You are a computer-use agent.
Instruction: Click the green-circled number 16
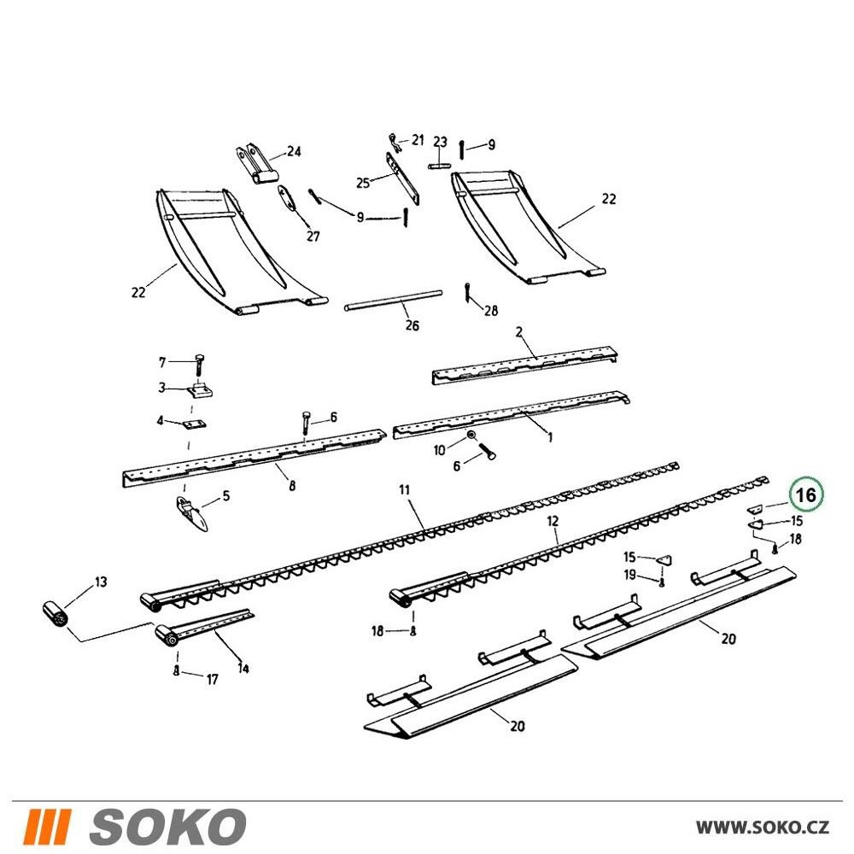pyautogui.click(x=807, y=495)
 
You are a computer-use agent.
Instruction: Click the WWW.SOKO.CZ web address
pyautogui.click(x=763, y=828)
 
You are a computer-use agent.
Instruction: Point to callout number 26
pyautogui.click(x=412, y=325)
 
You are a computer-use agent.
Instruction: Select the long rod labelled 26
pyautogui.click(x=393, y=301)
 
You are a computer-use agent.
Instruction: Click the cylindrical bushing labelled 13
pyautogui.click(x=56, y=615)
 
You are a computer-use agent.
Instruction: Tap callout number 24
pyautogui.click(x=294, y=151)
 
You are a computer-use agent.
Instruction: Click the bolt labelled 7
pyautogui.click(x=198, y=364)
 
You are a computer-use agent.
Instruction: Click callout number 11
pyautogui.click(x=404, y=490)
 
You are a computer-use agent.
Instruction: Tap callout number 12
pyautogui.click(x=553, y=521)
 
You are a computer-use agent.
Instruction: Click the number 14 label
pyautogui.click(x=243, y=669)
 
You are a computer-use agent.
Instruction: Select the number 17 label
pyautogui.click(x=213, y=679)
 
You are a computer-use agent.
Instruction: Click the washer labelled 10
pyautogui.click(x=471, y=436)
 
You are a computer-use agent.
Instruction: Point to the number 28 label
pyautogui.click(x=491, y=311)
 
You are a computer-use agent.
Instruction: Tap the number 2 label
pyautogui.click(x=519, y=331)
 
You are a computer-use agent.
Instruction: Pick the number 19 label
pyautogui.click(x=629, y=575)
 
